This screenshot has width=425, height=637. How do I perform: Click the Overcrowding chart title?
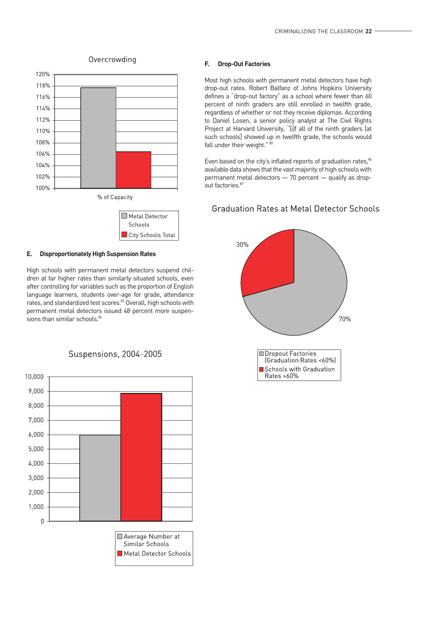[112, 59]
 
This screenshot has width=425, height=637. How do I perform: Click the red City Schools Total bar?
[133, 170]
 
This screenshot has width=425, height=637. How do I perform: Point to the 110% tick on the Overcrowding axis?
[43, 131]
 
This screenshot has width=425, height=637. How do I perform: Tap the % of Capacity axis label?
[115, 197]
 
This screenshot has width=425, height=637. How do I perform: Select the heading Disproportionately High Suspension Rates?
[98, 254]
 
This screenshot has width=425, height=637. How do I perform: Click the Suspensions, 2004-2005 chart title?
[115, 354]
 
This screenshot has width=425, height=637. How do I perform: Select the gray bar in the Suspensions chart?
[100, 478]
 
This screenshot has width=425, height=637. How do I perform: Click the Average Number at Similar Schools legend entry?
[151, 540]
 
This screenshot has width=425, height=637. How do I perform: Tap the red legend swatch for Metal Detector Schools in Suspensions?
[119, 553]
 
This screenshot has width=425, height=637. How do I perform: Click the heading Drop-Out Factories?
[244, 64]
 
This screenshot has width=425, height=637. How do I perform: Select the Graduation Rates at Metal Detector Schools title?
[295, 209]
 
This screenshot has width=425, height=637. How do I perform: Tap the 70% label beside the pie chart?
[344, 319]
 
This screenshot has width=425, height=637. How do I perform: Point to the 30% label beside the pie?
[242, 245]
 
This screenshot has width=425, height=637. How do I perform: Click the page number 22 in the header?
[369, 31]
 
